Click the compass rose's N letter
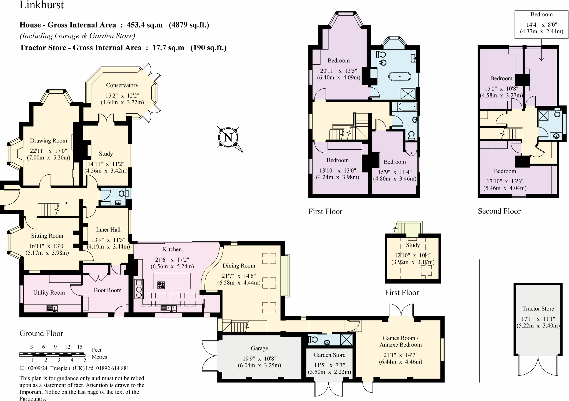228,137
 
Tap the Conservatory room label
122,85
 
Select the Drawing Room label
49,141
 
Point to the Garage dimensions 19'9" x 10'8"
259,359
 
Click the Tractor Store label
538,309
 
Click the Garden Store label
330,355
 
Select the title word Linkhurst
42,5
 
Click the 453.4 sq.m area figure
145,25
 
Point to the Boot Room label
108,290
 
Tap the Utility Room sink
52,308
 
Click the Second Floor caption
499,211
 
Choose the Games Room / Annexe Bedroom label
401,341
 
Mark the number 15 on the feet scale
80,347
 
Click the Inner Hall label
108,230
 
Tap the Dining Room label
239,265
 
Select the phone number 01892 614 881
113,368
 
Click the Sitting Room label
47,236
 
